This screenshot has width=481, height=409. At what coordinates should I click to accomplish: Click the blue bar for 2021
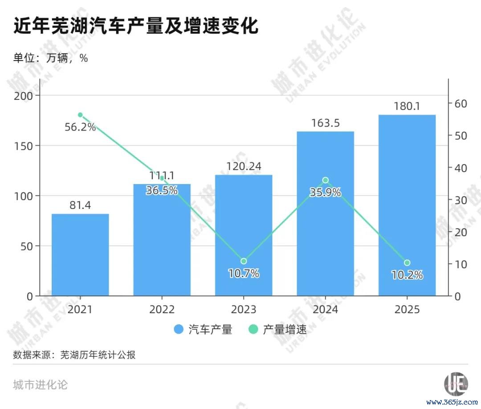[80, 255]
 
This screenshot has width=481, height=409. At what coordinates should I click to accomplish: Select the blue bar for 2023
[244, 235]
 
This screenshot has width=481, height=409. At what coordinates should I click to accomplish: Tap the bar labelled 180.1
[407, 205]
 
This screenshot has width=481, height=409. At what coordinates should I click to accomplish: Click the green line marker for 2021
[80, 115]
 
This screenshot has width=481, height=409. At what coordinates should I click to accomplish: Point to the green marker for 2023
[244, 261]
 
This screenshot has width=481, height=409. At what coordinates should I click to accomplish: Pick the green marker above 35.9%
[326, 180]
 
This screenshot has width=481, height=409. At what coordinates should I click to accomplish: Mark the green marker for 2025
[407, 263]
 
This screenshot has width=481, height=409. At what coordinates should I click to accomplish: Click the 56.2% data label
[80, 127]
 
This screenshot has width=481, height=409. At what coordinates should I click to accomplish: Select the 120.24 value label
[244, 166]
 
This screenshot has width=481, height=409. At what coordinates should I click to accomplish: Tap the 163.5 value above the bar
[326, 123]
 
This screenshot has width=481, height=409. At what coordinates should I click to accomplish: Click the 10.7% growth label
[244, 273]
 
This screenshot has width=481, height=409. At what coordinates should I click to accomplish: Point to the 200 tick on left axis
[23, 96]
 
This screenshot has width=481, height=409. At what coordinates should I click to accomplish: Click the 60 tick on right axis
[461, 104]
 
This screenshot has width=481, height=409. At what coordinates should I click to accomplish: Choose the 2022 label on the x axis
[162, 309]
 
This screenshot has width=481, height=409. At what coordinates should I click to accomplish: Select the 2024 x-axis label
[326, 309]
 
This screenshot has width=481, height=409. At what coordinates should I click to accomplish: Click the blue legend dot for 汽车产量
[179, 329]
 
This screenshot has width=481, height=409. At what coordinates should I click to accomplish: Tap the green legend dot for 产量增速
[253, 329]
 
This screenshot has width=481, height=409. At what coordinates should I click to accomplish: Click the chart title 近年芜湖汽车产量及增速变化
[136, 25]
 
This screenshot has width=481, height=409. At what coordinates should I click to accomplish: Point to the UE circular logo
[456, 384]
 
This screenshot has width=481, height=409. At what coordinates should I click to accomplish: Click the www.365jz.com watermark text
[452, 402]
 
